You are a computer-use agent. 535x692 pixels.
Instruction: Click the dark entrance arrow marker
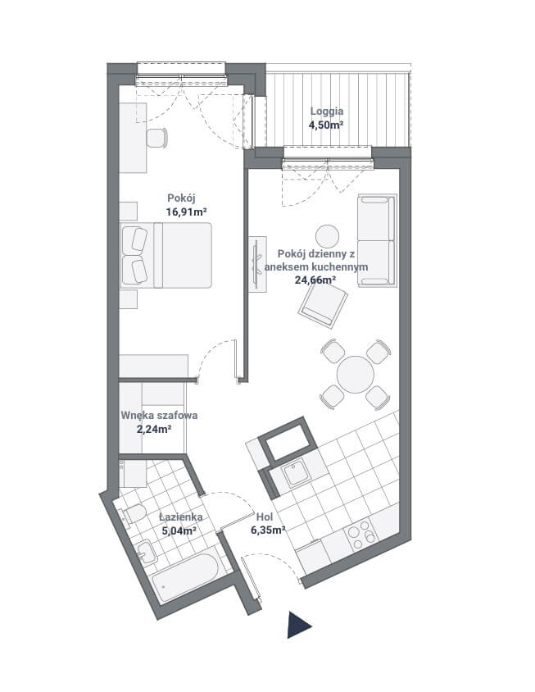[297, 625]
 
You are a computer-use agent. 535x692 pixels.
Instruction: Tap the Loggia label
[326, 112]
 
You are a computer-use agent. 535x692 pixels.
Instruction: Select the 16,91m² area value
[187, 212]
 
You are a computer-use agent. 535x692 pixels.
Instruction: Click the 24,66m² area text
[315, 280]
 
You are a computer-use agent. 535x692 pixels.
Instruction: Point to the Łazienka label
[181, 517]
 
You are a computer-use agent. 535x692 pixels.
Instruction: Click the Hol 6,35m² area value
[268, 530]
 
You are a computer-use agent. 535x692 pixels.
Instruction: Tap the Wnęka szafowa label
[159, 416]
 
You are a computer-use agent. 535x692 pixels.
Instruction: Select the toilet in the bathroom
[133, 514]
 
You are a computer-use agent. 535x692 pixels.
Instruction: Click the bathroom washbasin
[146, 552]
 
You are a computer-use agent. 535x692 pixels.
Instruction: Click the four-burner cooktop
[361, 535]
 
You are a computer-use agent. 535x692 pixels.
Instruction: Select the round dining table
[356, 375]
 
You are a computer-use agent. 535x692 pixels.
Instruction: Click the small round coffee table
[327, 237]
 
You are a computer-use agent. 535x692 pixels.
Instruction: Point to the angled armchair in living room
[323, 304]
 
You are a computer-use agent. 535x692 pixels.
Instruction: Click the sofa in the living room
[377, 240]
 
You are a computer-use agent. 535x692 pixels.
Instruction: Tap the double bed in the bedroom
[165, 255]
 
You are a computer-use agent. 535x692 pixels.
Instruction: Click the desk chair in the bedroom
[156, 138]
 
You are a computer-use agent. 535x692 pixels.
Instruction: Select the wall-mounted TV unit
[257, 264]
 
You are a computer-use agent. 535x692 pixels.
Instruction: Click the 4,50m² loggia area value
[326, 125]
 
